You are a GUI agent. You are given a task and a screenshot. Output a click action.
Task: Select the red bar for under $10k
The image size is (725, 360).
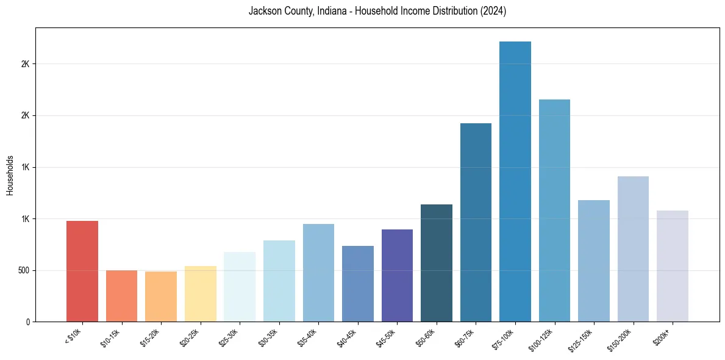click(x=82, y=272)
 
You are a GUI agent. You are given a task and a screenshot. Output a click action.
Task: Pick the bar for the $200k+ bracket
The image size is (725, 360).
click(x=672, y=266)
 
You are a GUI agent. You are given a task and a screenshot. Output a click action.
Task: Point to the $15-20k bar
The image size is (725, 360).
click(x=161, y=297)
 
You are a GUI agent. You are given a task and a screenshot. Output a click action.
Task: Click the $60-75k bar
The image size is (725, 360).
click(x=476, y=223)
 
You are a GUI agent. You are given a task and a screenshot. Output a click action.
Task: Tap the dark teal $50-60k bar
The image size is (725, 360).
click(x=437, y=263)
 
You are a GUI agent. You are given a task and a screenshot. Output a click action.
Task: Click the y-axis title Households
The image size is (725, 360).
click(x=10, y=175)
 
